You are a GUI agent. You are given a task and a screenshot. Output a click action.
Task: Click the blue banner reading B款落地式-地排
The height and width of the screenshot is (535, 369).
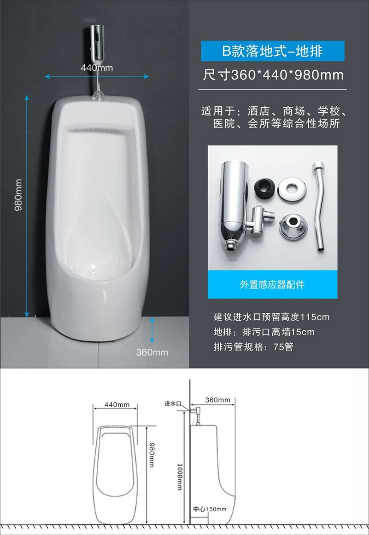[x=272, y=51]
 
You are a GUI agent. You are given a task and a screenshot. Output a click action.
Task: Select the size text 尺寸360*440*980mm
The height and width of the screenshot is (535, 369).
[x=273, y=75]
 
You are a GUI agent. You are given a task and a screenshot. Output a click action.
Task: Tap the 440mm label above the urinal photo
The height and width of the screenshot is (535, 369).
[x=97, y=68]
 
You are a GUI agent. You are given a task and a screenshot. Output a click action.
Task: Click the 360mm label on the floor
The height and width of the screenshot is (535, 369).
[x=152, y=352]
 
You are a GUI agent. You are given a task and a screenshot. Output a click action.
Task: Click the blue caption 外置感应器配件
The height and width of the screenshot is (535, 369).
[x=272, y=285]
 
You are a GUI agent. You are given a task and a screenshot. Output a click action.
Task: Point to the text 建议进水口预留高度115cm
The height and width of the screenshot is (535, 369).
[x=272, y=317]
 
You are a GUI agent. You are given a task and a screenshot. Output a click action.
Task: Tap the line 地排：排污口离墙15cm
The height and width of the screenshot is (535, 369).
[x=264, y=332]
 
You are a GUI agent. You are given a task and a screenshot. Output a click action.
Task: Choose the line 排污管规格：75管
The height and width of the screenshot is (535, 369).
[x=253, y=347]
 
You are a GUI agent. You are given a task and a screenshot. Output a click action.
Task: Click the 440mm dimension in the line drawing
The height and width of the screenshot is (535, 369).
[x=117, y=405]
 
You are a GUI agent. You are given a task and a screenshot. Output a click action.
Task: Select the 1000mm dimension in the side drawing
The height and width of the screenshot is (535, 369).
[x=180, y=477]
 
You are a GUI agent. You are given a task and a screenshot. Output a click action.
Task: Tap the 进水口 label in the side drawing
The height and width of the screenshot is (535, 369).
[x=173, y=403]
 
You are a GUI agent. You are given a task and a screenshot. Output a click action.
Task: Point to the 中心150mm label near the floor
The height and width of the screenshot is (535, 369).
[x=210, y=509]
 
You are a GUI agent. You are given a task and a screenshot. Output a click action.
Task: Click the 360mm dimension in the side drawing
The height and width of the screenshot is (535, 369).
[x=217, y=400]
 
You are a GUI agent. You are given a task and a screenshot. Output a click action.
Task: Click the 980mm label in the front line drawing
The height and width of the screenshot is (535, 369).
[x=152, y=455]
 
